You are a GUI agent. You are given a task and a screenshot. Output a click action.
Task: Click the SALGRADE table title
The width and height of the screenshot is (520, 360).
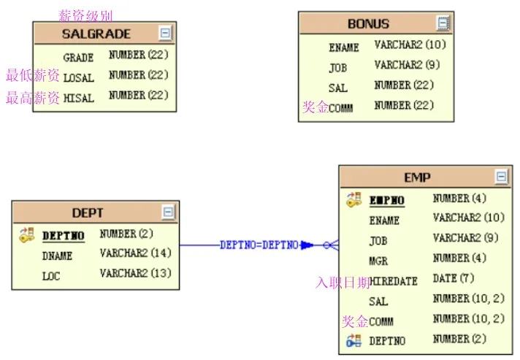96,34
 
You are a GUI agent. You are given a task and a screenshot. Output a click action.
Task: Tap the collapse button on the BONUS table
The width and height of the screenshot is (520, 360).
443,23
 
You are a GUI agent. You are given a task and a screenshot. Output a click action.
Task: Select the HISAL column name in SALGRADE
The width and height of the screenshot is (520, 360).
79,98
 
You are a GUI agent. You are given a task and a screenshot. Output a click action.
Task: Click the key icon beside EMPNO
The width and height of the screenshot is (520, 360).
354,199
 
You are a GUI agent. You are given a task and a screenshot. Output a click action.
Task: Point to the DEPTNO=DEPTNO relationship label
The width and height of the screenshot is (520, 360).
259,245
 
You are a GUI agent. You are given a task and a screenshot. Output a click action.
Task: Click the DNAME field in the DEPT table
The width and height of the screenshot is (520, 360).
57,256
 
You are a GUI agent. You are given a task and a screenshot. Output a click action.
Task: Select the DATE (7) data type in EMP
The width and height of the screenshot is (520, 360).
454,278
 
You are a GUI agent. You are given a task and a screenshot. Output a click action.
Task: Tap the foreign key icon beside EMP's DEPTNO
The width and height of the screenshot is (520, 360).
354,340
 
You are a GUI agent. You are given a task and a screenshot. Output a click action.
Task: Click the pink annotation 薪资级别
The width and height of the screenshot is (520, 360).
85,15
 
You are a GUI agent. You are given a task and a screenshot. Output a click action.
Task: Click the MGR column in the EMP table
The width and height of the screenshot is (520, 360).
378,261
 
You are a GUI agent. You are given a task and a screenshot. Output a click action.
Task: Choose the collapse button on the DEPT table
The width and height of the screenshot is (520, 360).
169,212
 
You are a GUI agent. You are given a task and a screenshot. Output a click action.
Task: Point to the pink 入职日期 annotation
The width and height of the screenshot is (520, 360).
343,283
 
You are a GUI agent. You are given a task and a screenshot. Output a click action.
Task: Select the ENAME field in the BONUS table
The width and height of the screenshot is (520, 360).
344,47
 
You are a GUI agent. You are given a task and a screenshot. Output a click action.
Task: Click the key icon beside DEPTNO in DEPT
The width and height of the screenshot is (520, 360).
27,235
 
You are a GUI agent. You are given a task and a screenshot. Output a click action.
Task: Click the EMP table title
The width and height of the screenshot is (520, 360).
417,177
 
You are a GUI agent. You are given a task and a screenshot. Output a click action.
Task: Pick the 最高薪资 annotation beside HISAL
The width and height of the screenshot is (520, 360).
33,98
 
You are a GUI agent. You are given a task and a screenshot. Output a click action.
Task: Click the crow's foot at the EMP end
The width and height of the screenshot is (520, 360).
331,245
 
